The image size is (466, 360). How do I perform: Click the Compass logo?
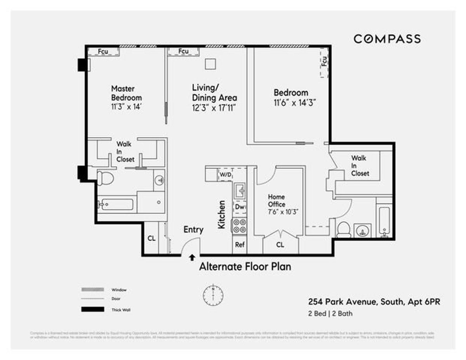(387, 39)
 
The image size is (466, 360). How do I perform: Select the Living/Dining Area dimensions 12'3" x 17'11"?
(214, 108)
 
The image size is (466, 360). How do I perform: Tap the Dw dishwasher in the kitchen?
(240, 207)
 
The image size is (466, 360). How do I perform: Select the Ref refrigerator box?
(240, 245)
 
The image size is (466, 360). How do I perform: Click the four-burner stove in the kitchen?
(239, 226)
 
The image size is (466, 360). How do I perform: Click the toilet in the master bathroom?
(105, 178)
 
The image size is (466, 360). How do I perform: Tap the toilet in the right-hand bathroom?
(343, 230)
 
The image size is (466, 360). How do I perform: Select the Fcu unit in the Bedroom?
(324, 62)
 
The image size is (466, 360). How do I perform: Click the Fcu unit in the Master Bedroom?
(103, 51)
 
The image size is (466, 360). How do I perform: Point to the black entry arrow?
(191, 257)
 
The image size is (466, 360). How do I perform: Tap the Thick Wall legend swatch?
(92, 310)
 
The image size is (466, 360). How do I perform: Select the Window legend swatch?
(92, 290)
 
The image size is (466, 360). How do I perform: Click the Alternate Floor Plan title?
(245, 267)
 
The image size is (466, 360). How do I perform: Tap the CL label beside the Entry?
(151, 238)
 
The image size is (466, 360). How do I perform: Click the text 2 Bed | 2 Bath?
(330, 313)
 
